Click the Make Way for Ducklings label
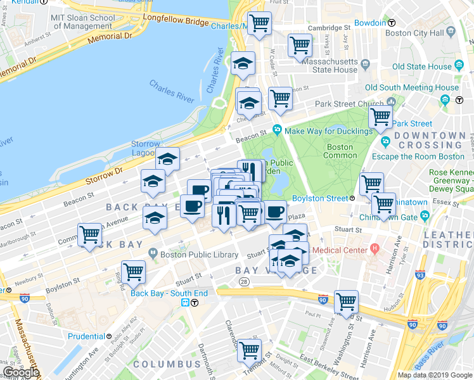click(328, 131)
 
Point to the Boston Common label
click(340, 151)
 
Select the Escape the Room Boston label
click(418, 156)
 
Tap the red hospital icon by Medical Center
click(375, 248)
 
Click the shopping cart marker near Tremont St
click(249, 350)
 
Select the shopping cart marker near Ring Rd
click(133, 272)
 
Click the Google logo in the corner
click(21, 372)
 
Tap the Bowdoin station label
click(371, 23)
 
